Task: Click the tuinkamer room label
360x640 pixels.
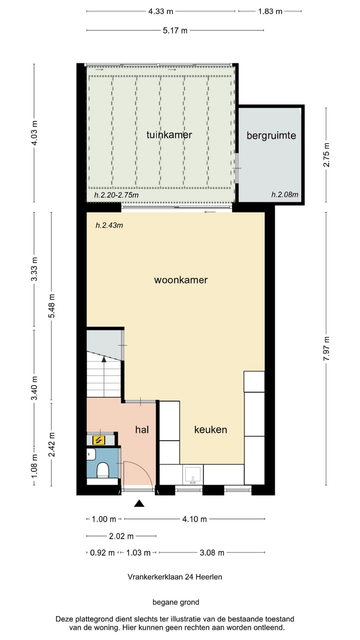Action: coord(169,134)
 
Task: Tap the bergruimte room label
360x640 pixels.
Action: coord(271,135)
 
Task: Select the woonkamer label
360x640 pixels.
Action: coord(180,280)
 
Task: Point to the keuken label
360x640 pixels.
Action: coord(210,429)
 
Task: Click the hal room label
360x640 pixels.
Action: coord(142,429)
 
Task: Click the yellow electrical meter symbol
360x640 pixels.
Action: coord(99,440)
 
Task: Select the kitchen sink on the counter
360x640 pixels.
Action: coord(193,474)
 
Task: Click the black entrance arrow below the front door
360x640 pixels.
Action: coord(139,504)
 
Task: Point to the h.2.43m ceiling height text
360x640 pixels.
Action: coord(109,225)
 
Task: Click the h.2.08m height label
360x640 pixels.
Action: coord(284,195)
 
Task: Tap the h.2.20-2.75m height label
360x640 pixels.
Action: coord(116,195)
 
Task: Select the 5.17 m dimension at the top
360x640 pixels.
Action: coord(175,30)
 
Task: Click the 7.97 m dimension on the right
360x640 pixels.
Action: coord(326,348)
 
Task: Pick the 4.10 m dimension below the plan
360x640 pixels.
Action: coord(194,519)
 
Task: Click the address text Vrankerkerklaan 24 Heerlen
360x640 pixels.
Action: coord(175,576)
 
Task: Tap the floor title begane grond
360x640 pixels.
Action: coord(175,602)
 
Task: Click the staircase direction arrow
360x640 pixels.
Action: coord(104,358)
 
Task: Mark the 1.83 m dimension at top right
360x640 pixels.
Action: coord(270,11)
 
